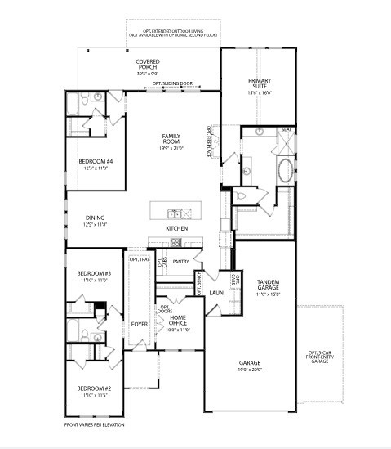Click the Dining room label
95,220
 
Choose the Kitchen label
177,228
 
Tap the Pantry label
181,261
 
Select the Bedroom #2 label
94,389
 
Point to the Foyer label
139,324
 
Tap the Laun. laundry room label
216,292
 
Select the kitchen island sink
185,213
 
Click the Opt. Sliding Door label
172,84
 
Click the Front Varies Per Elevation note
95,425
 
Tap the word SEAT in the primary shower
287,129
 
